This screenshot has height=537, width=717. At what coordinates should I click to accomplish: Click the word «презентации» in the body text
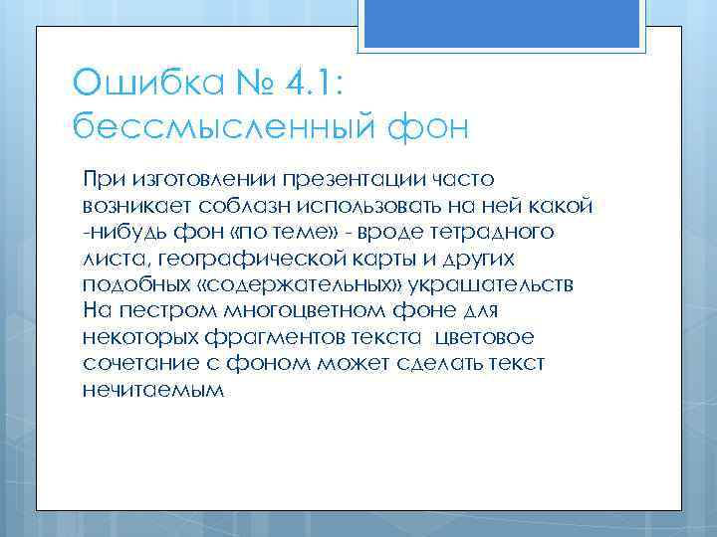point(357,180)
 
